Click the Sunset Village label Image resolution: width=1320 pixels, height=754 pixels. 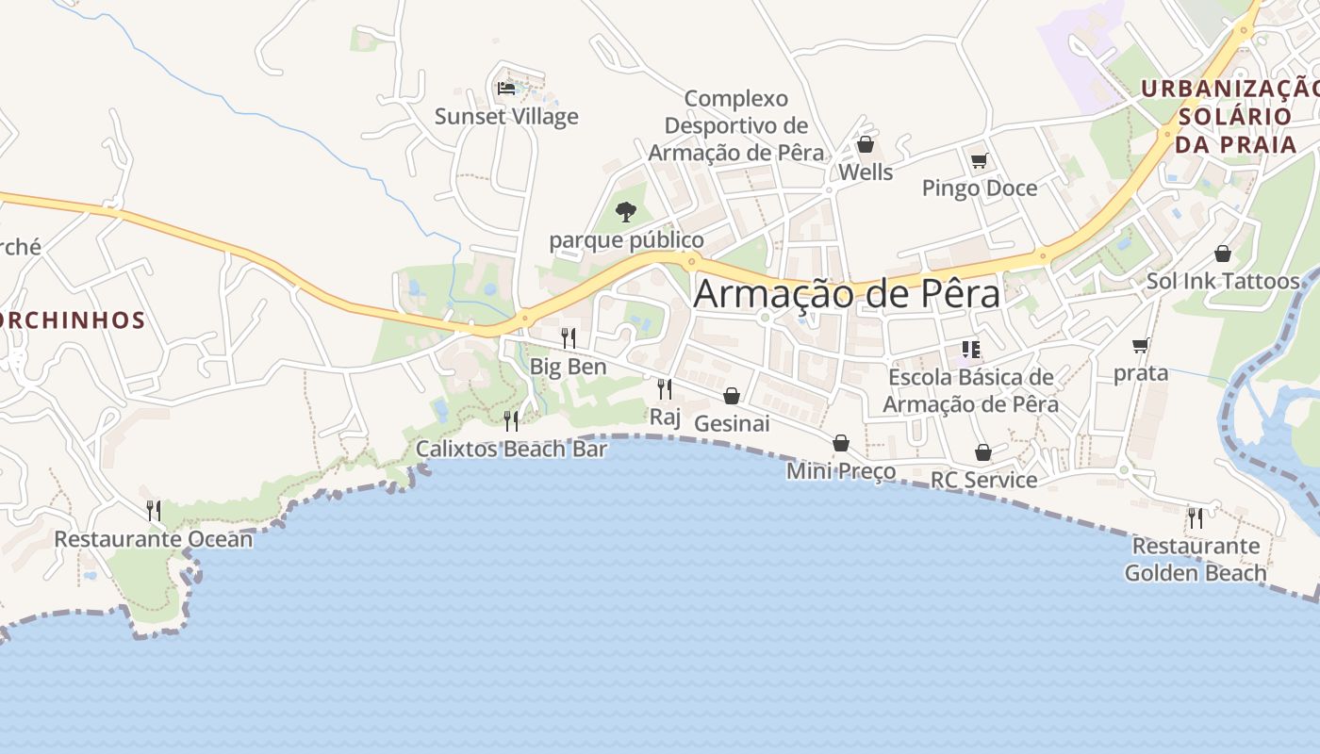tap(506, 117)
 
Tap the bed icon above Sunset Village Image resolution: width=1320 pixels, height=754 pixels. tap(506, 89)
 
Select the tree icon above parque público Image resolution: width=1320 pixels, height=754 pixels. tap(625, 211)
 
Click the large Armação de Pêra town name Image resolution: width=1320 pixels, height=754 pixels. tap(846, 294)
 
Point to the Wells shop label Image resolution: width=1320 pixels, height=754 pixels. tap(866, 172)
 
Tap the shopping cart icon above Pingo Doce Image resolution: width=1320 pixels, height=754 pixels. tap(979, 160)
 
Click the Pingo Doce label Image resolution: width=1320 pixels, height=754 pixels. tap(979, 188)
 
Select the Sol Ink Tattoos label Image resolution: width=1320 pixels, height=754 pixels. tap(1223, 281)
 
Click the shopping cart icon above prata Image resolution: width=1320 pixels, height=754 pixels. tap(1141, 346)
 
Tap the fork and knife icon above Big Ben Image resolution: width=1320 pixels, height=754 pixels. tap(568, 337)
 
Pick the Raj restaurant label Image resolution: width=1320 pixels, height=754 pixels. tap(665, 416)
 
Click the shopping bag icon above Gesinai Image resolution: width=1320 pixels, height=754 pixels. tap(732, 396)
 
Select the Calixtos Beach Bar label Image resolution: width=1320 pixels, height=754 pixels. tap(512, 449)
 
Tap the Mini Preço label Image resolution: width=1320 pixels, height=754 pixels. tap(841, 470)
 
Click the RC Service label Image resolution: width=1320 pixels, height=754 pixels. tap(983, 480)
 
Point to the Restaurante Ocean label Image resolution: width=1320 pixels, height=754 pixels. tap(154, 539)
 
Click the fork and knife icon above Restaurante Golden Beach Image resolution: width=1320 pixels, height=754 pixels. tap(1196, 517)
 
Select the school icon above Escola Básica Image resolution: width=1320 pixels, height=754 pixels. tap(971, 350)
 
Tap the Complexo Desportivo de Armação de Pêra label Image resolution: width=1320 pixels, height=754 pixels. tap(736, 125)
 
